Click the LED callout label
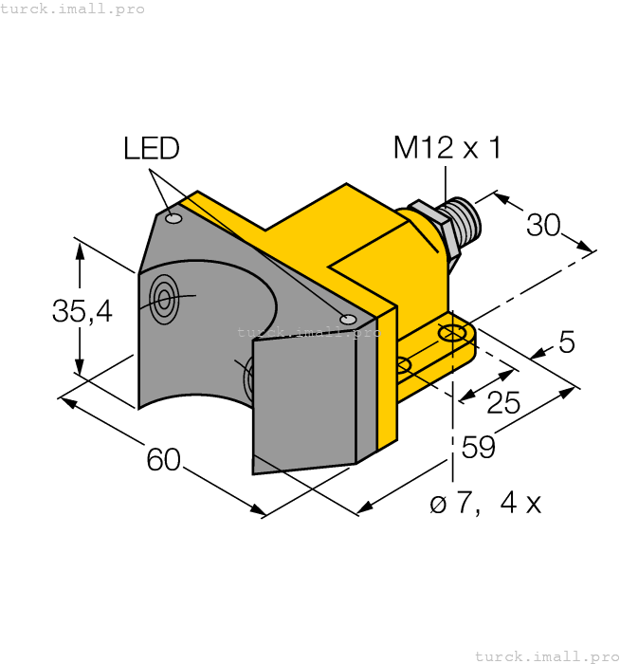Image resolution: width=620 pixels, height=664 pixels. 151,148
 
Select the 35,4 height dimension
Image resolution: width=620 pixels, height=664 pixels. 82,310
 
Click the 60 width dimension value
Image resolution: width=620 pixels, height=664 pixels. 164,459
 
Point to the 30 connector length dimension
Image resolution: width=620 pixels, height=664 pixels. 543,225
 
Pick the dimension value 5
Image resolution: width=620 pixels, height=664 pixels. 567,341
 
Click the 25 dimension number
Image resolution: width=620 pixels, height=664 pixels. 503,403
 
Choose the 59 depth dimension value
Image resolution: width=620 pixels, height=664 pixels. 479,447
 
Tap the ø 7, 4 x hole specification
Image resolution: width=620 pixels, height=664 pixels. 485,504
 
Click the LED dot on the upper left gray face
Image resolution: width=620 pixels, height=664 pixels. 173,220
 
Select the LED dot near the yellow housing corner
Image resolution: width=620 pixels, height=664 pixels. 348,318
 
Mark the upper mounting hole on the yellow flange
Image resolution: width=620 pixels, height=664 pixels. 452,333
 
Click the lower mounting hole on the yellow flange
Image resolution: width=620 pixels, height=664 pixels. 403,364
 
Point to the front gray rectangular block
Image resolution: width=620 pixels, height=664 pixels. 303,398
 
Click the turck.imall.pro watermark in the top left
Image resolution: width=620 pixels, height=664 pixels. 73,9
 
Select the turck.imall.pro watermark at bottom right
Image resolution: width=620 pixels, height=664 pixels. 545,655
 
